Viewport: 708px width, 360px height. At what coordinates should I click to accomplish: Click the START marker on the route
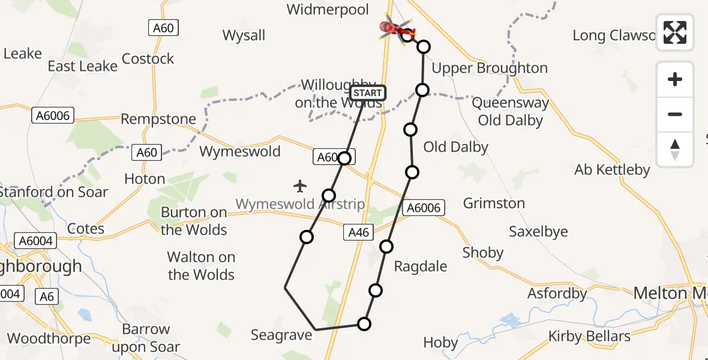click(x=367, y=93)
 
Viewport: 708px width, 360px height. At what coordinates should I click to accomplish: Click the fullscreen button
click(x=675, y=32)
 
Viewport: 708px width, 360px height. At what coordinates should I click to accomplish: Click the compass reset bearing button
click(x=675, y=149)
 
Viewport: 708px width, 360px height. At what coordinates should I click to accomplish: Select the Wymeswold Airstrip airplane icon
click(x=300, y=186)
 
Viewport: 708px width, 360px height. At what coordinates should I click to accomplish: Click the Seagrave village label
click(x=281, y=335)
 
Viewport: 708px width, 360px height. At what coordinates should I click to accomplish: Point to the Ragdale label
click(x=420, y=266)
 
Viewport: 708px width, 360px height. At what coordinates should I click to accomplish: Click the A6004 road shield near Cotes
click(x=36, y=241)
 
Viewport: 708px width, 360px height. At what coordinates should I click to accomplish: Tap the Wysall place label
click(x=244, y=35)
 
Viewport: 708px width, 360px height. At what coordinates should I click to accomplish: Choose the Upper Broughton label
click(x=490, y=68)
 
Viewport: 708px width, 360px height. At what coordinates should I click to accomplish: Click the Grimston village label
click(x=494, y=203)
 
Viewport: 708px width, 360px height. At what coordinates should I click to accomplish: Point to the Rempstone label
click(x=158, y=119)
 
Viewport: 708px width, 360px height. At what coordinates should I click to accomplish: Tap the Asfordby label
click(x=557, y=294)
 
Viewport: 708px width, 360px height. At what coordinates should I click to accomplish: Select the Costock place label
click(x=148, y=59)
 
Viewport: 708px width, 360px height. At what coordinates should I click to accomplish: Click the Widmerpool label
click(x=327, y=10)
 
